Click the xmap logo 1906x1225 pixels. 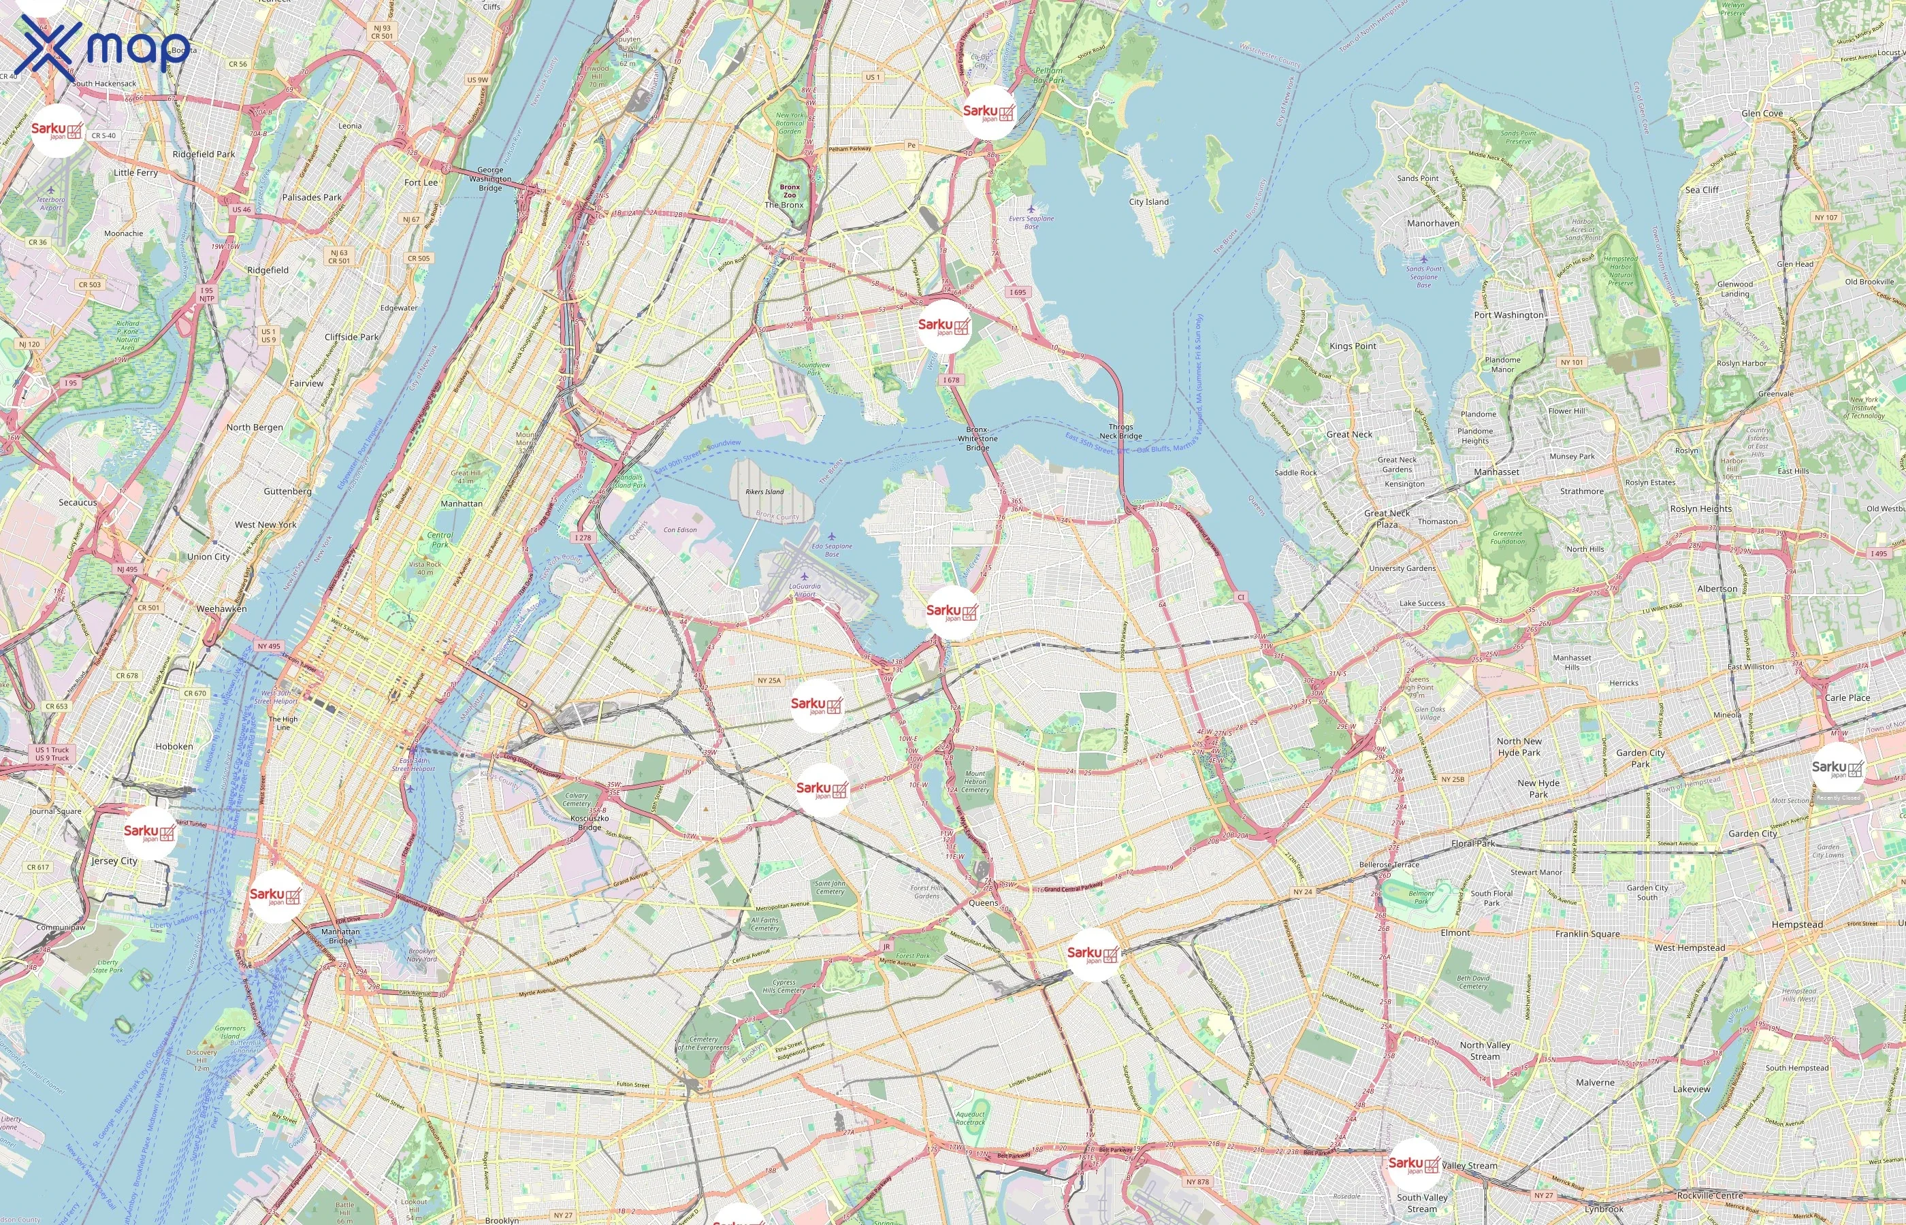pyautogui.click(x=103, y=46)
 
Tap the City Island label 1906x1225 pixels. pyautogui.click(x=1148, y=202)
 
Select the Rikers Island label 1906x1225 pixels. pyautogui.click(x=764, y=491)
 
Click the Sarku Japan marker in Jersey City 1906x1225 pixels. pyautogui.click(x=150, y=833)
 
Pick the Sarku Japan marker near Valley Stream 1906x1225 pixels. pyautogui.click(x=1414, y=1164)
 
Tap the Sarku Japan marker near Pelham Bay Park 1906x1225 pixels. pyautogui.click(x=989, y=113)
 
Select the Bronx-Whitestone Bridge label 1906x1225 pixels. pyautogui.click(x=977, y=438)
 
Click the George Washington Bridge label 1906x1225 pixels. pyautogui.click(x=490, y=179)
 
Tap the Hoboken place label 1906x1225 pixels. pyautogui.click(x=174, y=746)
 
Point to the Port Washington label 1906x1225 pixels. pyautogui.click(x=1508, y=315)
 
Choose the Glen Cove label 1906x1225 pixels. pyautogui.click(x=1762, y=114)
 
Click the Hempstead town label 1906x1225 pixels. pyautogui.click(x=1797, y=924)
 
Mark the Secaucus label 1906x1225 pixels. pyautogui.click(x=78, y=503)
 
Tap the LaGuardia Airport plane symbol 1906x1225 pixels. pyautogui.click(x=804, y=576)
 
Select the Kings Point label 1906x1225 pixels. pyautogui.click(x=1353, y=346)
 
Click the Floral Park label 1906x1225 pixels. pyautogui.click(x=1472, y=843)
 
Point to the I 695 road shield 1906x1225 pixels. pyautogui.click(x=1018, y=292)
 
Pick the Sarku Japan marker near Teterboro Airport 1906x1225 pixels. pyautogui.click(x=57, y=131)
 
